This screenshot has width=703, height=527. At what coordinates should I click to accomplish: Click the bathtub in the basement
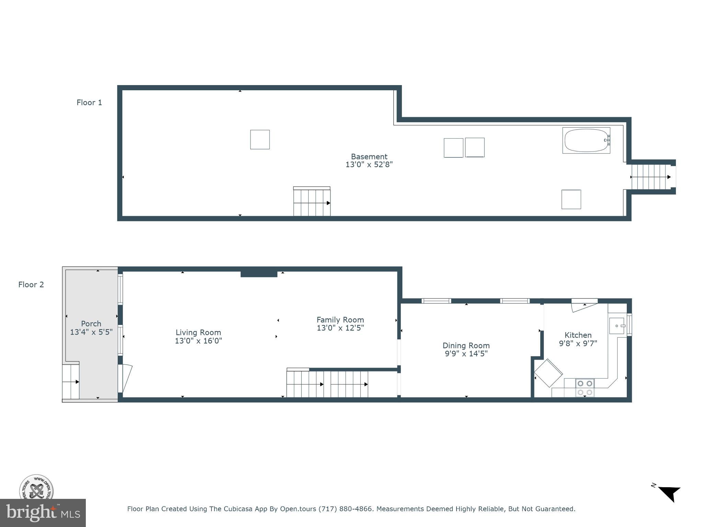[586, 140]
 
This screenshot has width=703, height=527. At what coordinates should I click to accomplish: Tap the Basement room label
[369, 156]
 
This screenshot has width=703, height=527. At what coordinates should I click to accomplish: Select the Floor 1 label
[89, 103]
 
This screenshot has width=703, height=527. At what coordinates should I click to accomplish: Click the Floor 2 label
[31, 284]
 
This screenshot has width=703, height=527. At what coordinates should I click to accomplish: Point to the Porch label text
[91, 324]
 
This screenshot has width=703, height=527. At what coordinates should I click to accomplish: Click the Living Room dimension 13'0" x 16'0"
[198, 341]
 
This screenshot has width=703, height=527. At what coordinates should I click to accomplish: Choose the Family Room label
[340, 320]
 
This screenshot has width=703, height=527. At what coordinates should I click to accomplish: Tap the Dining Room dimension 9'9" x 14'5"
[466, 354]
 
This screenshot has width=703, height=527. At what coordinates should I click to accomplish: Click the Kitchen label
[578, 335]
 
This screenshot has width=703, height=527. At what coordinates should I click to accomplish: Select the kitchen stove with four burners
[585, 388]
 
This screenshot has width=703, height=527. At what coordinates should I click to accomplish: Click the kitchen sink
[617, 326]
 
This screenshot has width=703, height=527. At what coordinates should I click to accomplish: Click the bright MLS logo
[43, 513]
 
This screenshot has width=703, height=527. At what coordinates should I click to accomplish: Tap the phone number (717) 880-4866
[345, 509]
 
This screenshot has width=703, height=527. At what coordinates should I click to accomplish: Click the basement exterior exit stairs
[650, 177]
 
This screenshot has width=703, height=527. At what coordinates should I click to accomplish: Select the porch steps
[71, 382]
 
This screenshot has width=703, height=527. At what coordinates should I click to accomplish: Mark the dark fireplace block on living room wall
[259, 274]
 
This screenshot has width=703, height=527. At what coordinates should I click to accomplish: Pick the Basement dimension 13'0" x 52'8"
[369, 165]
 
